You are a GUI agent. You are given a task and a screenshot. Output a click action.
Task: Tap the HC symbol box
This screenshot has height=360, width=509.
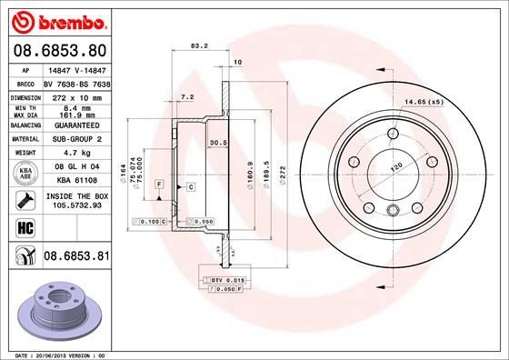22,228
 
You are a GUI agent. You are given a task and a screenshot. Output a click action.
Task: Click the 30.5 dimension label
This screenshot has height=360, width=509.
217,143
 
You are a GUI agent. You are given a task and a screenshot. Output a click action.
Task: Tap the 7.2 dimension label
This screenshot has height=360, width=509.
188,96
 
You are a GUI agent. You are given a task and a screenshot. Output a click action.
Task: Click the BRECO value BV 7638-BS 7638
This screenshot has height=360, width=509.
75,82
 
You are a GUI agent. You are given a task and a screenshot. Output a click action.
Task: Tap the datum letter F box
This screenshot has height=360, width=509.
159,185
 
